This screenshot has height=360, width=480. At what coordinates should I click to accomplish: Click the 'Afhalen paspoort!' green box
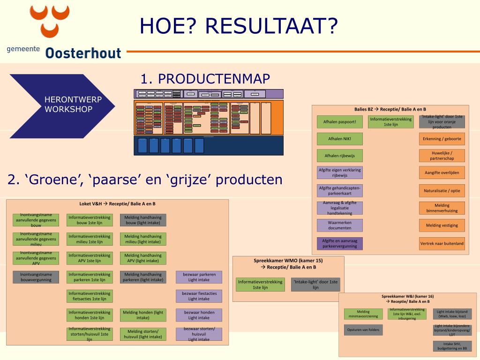click(x=340, y=122)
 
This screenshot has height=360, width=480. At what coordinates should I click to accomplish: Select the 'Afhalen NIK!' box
click(x=340, y=139)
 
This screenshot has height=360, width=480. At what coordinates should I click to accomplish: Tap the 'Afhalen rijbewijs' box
click(x=340, y=156)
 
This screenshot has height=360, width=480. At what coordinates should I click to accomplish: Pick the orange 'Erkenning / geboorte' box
click(x=442, y=139)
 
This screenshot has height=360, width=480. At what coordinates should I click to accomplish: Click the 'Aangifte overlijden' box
click(x=442, y=172)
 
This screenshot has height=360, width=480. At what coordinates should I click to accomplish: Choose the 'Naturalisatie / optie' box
click(x=442, y=191)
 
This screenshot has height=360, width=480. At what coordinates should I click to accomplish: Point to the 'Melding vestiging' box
click(x=442, y=225)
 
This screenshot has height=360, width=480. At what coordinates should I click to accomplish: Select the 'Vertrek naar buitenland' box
click(x=442, y=243)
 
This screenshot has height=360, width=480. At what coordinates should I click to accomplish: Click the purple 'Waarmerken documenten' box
click(x=340, y=225)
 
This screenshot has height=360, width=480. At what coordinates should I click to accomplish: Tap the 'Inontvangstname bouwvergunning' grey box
click(x=36, y=277)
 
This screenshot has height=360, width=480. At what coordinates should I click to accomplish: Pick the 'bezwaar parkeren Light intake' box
click(x=199, y=277)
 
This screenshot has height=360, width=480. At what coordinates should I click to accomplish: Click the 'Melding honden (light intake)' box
click(x=143, y=315)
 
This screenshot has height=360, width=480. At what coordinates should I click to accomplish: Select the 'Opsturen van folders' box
click(x=363, y=330)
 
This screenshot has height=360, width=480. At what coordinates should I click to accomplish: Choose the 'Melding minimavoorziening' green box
click(x=363, y=314)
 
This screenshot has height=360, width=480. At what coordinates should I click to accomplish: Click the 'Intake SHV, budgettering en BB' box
click(x=452, y=346)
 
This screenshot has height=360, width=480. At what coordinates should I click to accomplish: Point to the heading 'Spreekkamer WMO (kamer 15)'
click(x=288, y=261)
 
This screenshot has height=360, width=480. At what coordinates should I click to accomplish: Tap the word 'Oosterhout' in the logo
click(x=83, y=53)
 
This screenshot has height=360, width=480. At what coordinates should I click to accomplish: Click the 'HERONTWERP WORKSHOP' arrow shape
click(x=66, y=104)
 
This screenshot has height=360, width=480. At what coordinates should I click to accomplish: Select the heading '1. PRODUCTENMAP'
click(x=205, y=79)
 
